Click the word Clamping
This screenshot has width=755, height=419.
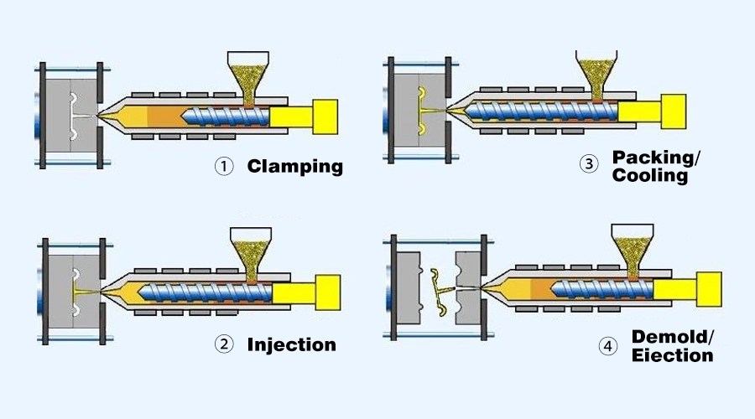pos(294,166)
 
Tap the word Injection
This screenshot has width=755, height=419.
pos(291,344)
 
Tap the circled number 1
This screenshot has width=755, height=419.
pos(222,167)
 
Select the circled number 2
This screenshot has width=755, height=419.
pos(222,344)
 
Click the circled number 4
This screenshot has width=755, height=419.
pos(607,346)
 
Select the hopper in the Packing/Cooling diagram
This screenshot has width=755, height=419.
pos(597,71)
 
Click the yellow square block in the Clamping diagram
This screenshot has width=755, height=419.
pos(325,117)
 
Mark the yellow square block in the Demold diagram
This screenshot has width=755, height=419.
pos(708,288)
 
